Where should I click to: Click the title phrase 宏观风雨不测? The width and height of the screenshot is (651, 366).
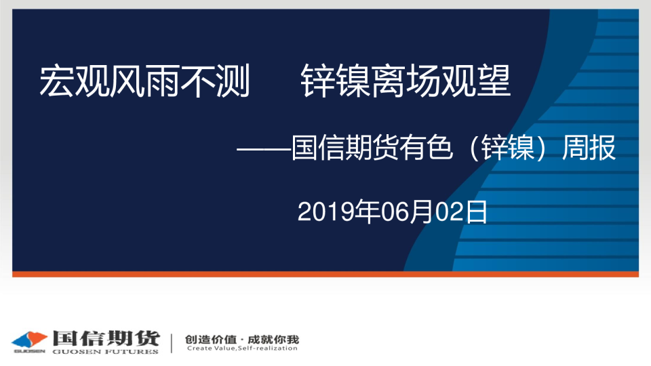pos(144,81)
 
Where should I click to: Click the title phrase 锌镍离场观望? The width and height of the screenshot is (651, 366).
pos(406,81)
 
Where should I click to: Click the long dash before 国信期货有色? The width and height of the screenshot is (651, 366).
pos(264,148)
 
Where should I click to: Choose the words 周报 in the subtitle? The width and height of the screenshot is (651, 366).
pos(589,148)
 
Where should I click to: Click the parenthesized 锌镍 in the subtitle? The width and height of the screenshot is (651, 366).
pos(508,148)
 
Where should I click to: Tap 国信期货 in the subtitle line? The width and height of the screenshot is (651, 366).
pos(345,148)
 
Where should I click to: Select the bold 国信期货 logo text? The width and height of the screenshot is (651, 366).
pos(106,339)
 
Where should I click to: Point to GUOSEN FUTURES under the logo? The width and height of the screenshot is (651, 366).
pos(106,352)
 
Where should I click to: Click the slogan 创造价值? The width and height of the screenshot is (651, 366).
pos(210,340)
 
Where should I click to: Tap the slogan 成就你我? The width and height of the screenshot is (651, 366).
pos(273,340)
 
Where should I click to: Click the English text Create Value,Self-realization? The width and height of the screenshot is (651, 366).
pos(242,348)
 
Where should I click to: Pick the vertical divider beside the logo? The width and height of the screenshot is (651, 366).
pos(172,343)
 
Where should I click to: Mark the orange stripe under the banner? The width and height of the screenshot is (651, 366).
pos(325,274)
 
